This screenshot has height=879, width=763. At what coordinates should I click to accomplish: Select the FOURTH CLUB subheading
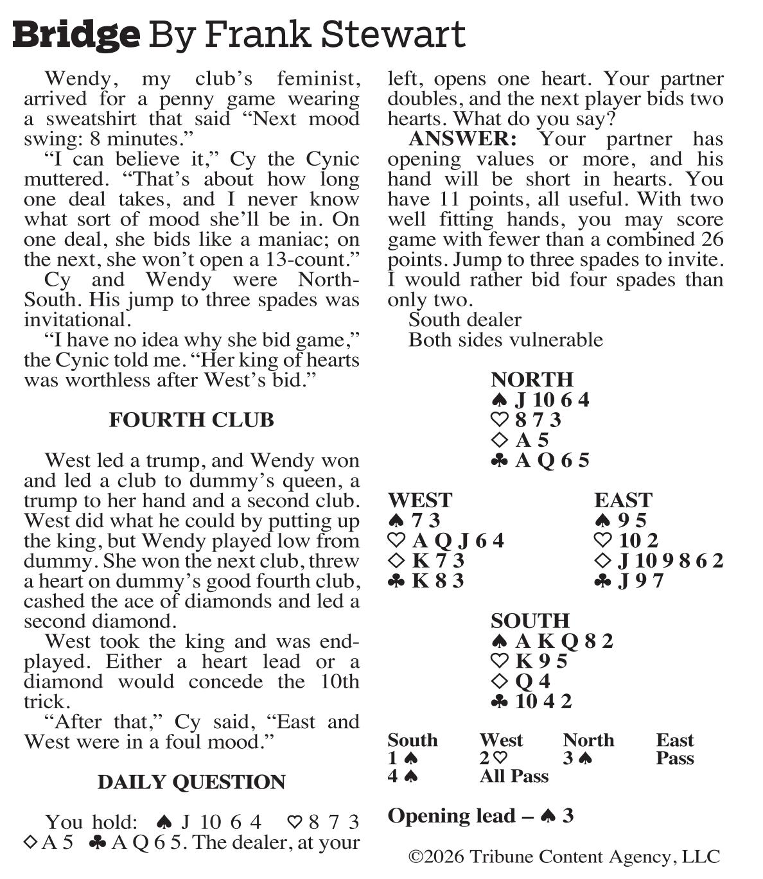pos(191,420)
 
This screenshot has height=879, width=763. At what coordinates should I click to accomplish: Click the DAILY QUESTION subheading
pos(191,782)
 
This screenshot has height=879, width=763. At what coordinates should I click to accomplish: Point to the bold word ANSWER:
pos(462,139)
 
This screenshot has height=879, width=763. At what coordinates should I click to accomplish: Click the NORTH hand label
pos(532,379)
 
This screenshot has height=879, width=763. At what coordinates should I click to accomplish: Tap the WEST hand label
pos(420,500)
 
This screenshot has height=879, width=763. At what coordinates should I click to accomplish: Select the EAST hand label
pos(623,500)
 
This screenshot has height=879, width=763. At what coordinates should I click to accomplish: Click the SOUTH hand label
pos(530,621)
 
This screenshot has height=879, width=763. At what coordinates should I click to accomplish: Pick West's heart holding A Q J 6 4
pos(447,541)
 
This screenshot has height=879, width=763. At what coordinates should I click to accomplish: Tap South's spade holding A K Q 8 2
pos(552,641)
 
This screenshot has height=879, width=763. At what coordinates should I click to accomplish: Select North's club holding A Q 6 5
pos(540,460)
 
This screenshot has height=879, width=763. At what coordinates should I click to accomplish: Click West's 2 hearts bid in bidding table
pos(493,758)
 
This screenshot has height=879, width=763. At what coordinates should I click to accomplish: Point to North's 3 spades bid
pos(577,758)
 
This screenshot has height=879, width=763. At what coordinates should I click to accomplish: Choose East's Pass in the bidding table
pos(675,758)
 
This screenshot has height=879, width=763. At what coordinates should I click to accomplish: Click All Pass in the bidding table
pos(514,776)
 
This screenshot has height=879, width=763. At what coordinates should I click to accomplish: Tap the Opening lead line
pos(481,816)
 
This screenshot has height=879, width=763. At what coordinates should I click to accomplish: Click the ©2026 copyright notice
pos(564,857)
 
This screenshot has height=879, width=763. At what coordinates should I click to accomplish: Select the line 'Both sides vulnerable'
pos(505,340)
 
